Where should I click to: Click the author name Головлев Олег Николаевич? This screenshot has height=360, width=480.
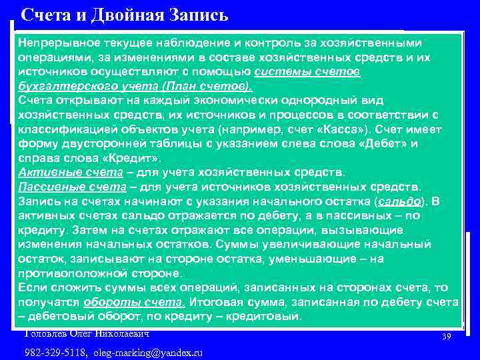[x=87, y=333]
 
